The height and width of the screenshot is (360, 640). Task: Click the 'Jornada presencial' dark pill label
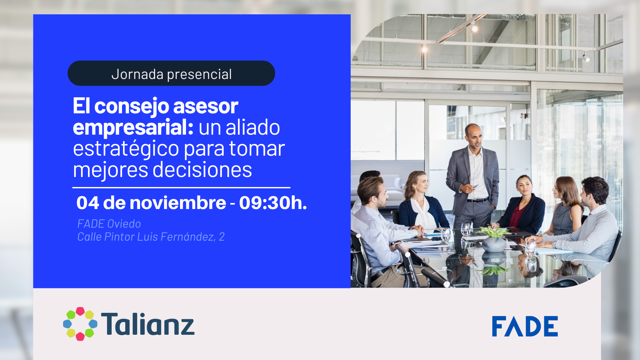[x=171, y=73]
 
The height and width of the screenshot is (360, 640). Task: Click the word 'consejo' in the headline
[x=131, y=106]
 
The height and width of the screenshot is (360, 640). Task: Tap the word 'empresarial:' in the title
[x=133, y=127]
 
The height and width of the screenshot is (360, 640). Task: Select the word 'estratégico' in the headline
[x=126, y=149]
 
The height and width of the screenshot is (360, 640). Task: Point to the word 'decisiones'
[x=202, y=170]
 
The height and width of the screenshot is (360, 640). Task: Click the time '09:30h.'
[x=273, y=203]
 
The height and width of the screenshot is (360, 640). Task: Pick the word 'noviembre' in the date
[x=178, y=203]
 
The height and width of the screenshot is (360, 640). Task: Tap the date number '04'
[x=88, y=203]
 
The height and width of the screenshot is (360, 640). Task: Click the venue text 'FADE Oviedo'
[x=109, y=224]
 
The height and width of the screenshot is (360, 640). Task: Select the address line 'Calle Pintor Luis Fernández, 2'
[x=151, y=237]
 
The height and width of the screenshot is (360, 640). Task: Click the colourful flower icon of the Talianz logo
[x=80, y=324]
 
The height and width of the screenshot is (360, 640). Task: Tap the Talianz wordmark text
[x=148, y=324]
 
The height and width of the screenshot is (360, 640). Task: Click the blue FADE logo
[x=525, y=326]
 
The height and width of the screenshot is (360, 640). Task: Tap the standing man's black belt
[x=477, y=200]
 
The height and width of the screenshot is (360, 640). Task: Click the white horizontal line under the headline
[x=181, y=188]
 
